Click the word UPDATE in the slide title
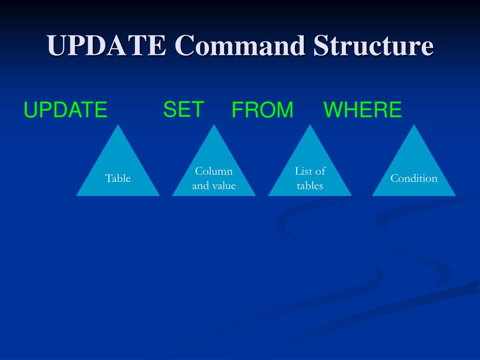point(106,46)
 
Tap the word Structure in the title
point(373,46)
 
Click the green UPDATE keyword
point(66,110)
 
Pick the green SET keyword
point(183,110)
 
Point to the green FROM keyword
point(262,110)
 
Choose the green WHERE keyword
point(362,110)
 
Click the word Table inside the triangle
point(118,178)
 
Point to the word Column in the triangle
point(214,171)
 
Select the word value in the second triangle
point(224,186)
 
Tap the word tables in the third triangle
point(310,186)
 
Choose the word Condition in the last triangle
point(414,178)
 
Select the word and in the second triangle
point(201,186)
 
